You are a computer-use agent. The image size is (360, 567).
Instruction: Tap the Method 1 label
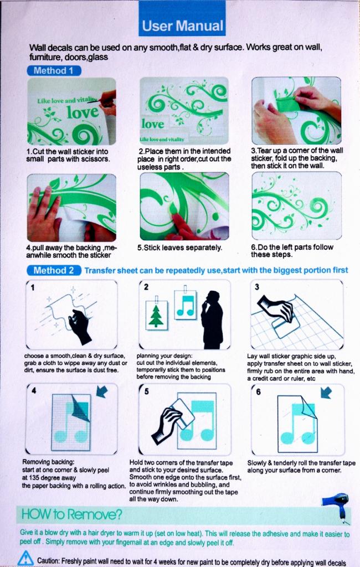[54, 70]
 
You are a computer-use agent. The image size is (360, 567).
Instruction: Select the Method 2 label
[54, 270]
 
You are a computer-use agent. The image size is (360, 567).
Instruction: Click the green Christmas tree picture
[156, 315]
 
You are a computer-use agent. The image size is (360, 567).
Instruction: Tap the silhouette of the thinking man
[212, 319]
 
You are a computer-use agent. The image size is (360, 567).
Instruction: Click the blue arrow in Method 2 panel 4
[102, 391]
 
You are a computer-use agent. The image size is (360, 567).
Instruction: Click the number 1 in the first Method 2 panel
[33, 287]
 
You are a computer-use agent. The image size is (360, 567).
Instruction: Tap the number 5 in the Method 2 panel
[146, 391]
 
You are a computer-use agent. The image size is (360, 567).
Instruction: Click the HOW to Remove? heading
[71, 514]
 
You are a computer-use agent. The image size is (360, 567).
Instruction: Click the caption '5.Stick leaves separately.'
[179, 248]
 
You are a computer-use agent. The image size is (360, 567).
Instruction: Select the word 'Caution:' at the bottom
[49, 560]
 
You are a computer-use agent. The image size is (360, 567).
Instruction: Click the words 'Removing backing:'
[48, 462]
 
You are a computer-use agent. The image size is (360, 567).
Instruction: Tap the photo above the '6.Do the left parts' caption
[296, 205]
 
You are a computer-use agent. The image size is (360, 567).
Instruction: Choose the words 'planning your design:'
[164, 356]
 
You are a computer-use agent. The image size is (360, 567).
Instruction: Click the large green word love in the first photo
[83, 113]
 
